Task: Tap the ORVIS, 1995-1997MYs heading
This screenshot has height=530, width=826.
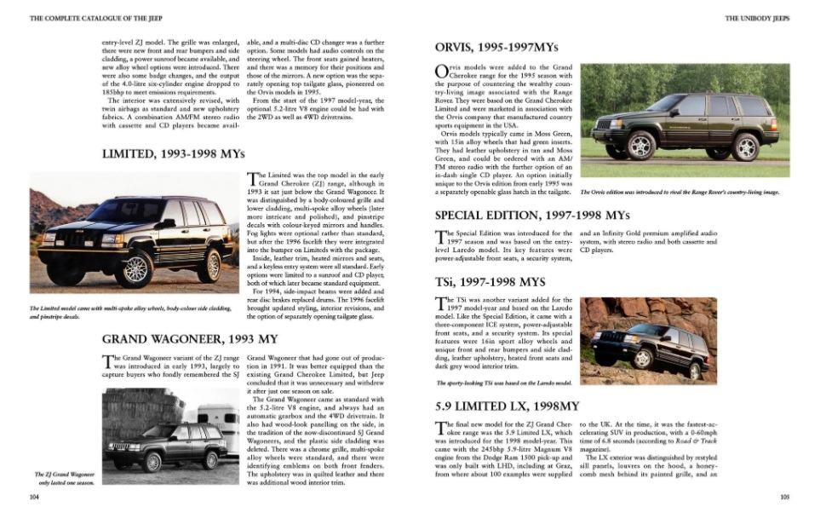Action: pyautogui.click(x=496, y=47)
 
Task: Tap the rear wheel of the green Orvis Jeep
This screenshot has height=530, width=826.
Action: pyautogui.click(x=745, y=147)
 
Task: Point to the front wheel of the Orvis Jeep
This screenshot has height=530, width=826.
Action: pyautogui.click(x=641, y=146)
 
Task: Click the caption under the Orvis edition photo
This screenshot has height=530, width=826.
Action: pyautogui.click(x=680, y=192)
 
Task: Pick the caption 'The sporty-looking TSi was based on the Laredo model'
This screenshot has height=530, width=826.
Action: pyautogui.click(x=502, y=383)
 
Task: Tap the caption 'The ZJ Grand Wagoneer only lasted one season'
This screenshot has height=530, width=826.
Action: pyautogui.click(x=65, y=478)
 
